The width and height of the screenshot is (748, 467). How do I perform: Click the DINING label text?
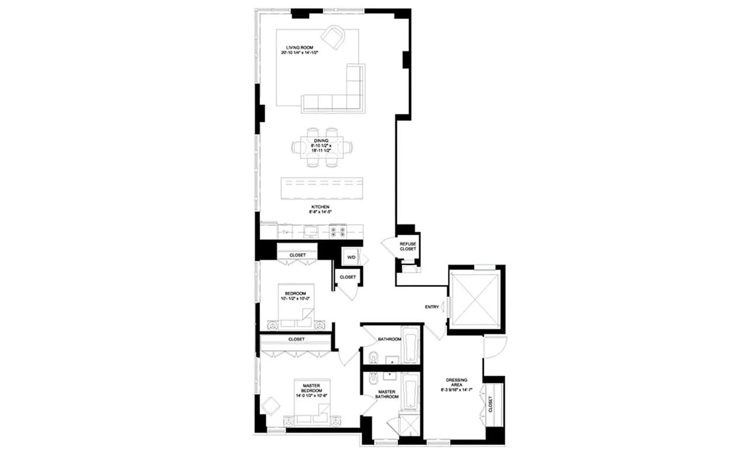(320, 141)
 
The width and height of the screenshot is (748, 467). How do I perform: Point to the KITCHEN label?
(320, 207)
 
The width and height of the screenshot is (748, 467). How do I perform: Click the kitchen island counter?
(322, 188)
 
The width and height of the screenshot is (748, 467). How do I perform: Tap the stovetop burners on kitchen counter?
(337, 231)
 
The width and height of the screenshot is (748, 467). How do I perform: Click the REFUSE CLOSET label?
(407, 246)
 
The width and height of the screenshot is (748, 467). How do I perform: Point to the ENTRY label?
(432, 307)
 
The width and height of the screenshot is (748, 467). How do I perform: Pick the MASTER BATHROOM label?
(387, 394)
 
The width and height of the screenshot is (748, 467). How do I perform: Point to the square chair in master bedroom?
(271, 405)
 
